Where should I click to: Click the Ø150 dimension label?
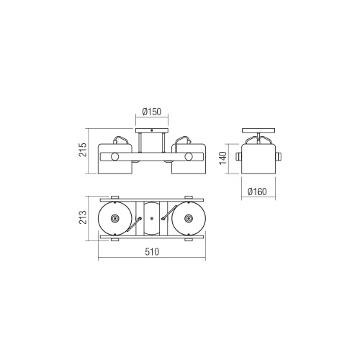(x=152, y=112)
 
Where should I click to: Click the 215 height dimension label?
(x=83, y=150)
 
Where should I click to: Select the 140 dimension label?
(x=223, y=158)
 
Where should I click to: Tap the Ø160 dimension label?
(x=257, y=192)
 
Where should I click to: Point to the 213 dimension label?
(x=83, y=217)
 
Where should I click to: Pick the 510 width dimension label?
(x=152, y=252)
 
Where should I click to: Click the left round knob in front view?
(x=114, y=157)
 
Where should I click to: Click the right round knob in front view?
(x=189, y=157)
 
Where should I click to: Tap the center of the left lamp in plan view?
(x=114, y=218)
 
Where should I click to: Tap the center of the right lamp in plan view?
(x=189, y=218)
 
